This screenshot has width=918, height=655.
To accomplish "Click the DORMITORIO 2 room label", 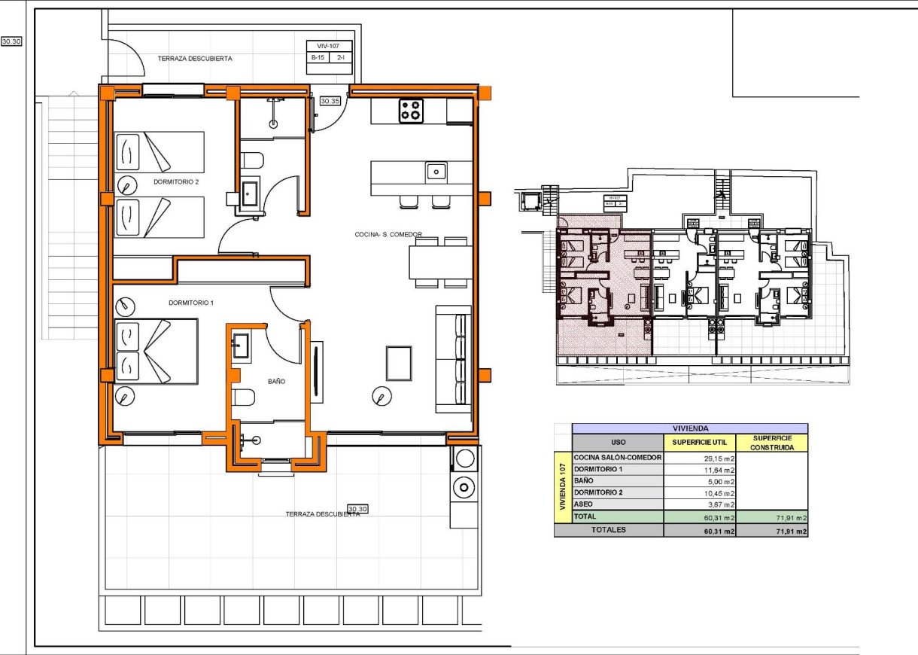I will [x=175, y=182].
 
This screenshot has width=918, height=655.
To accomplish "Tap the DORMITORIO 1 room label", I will [x=191, y=303].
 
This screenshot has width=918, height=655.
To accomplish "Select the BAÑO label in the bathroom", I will [x=276, y=382].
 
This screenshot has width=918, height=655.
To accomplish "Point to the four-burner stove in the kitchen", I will [x=411, y=111].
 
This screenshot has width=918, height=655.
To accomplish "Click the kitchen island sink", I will [x=436, y=172].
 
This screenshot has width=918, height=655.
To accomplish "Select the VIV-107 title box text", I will [x=329, y=47].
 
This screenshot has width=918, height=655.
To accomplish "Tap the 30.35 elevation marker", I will [x=330, y=100].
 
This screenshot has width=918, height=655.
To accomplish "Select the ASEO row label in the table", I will [x=584, y=504].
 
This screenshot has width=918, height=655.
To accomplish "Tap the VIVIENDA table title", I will [x=689, y=427].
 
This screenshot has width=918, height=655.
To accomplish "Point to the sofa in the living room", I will [x=454, y=358].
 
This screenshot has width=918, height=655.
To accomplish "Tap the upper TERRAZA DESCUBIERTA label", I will [x=195, y=58].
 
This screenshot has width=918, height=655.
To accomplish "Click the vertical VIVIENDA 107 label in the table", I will [x=562, y=486].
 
